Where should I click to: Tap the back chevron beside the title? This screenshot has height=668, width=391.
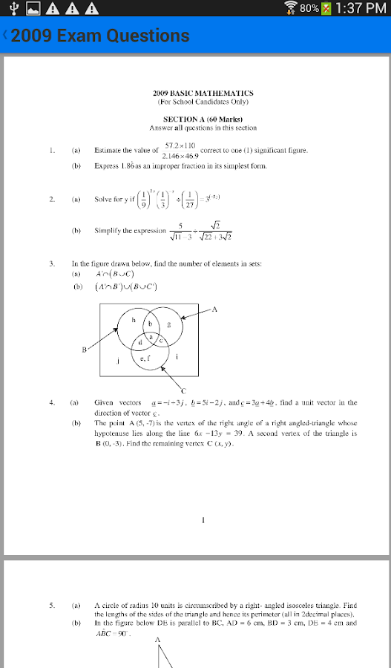5,35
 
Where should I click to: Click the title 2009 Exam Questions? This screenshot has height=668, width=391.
100,36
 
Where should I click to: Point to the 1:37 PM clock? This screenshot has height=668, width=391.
361,8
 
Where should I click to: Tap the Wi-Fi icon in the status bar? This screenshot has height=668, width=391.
291,8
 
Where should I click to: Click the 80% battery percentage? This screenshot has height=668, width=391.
310,8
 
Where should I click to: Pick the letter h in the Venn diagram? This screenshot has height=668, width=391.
134,320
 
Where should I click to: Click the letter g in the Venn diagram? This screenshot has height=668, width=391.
169,324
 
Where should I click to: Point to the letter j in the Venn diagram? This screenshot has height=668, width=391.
119,361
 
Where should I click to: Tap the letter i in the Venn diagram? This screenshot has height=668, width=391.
177,357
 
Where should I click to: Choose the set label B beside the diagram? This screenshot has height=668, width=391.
85,349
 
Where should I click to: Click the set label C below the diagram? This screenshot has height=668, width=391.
183,390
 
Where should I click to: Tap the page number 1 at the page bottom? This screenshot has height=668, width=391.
203,520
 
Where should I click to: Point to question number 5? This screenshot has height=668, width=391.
52,605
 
